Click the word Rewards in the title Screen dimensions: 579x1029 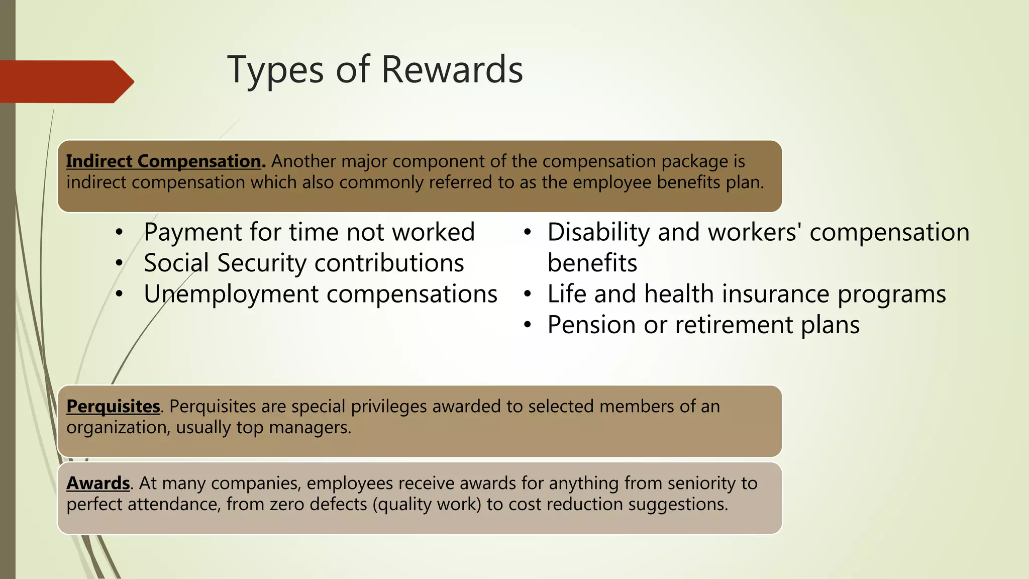point(452,69)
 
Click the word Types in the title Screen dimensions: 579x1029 point(275,70)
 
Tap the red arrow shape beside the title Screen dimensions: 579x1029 point(65,82)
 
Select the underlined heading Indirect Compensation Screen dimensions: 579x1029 point(164,161)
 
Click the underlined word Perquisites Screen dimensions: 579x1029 point(113,407)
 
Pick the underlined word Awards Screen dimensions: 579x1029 point(98,484)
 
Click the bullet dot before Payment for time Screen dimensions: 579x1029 point(119,233)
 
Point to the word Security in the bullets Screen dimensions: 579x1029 point(262,263)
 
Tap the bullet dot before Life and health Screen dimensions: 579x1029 point(527,295)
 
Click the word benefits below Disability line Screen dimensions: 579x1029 point(592,263)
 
